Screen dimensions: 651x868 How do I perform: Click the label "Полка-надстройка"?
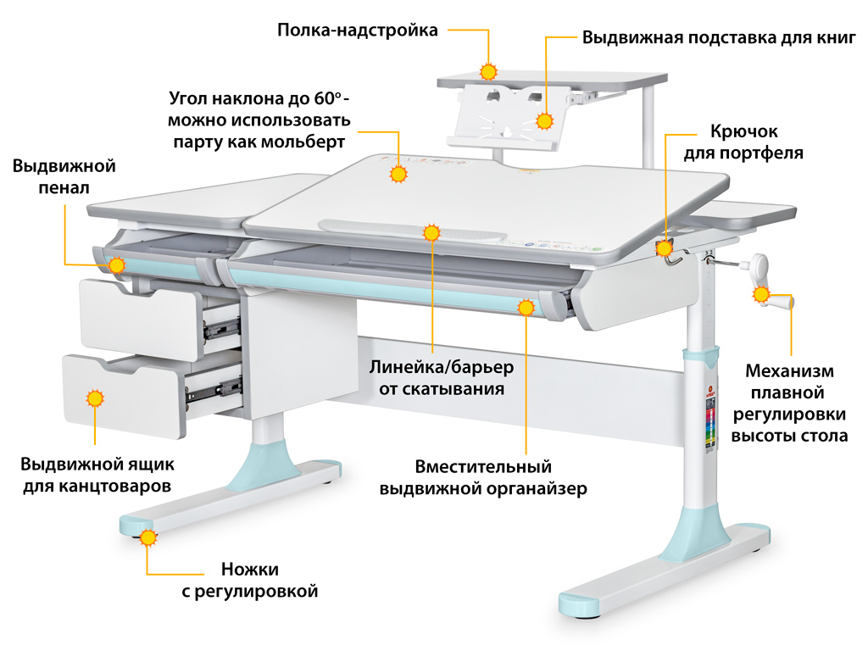click(x=358, y=31)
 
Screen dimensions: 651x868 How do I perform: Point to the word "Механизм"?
click(x=789, y=371)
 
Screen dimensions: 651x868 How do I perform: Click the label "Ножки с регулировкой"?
click(x=250, y=581)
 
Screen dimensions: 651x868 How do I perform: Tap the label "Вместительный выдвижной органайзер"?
click(x=483, y=478)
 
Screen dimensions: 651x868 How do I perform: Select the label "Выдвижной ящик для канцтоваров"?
click(x=97, y=476)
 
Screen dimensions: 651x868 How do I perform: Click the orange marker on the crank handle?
click(x=760, y=295)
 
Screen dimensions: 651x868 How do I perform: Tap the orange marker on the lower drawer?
click(x=95, y=398)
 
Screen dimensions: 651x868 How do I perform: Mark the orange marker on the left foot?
click(x=149, y=537)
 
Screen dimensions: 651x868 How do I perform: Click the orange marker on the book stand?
click(x=543, y=118)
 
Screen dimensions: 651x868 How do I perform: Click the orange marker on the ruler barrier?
click(x=431, y=232)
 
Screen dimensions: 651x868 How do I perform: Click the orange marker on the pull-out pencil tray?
click(x=117, y=265)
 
